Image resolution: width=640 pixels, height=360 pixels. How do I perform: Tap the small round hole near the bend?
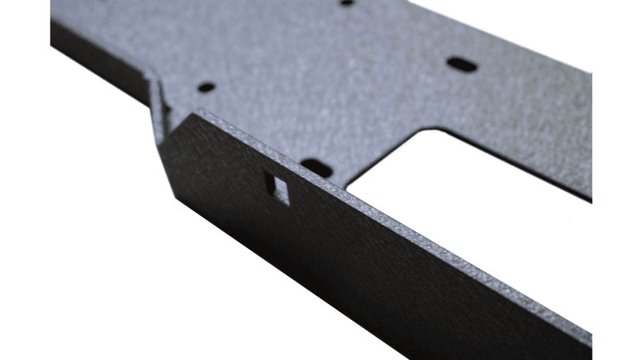tap(206, 86)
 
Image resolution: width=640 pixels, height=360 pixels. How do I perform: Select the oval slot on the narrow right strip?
tap(462, 64)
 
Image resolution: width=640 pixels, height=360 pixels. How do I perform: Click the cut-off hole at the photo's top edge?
tap(347, 2)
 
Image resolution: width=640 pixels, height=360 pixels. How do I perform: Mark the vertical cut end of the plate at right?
tap(591, 136)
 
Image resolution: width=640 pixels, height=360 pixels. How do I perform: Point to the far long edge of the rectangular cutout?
tap(512, 164)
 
